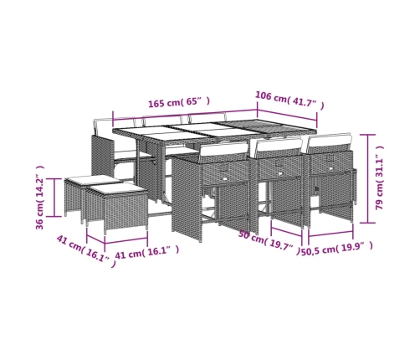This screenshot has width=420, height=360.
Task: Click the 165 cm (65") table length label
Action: pyautogui.click(x=179, y=102)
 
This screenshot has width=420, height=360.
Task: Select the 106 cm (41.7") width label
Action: pyautogui.click(x=289, y=100)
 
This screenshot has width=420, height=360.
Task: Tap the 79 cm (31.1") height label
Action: pyautogui.click(x=380, y=178)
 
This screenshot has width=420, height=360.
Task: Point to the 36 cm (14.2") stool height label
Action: pyautogui.click(x=40, y=198)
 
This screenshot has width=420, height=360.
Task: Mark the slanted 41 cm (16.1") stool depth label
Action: pyautogui.click(x=86, y=250)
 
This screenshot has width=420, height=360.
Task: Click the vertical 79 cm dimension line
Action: pyautogui.click(x=367, y=178)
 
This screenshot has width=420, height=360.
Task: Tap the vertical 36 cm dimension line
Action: pyautogui.click(x=54, y=198)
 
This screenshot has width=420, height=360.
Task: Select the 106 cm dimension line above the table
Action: pyautogui.click(x=287, y=115)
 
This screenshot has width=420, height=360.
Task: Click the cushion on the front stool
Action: pyautogui.click(x=116, y=189)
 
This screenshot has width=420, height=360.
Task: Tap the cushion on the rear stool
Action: pyautogui.click(x=93, y=179)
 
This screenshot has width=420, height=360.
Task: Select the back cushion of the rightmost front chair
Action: pyautogui.click(x=330, y=141)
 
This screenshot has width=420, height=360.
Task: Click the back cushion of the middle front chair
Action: pyautogui.click(x=279, y=146)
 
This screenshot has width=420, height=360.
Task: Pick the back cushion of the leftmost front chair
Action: pyautogui.click(x=223, y=151)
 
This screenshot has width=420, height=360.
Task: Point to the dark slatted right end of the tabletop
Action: pyautogui.click(x=267, y=128)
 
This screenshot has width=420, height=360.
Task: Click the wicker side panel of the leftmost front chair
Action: pyautogui.click(x=186, y=198)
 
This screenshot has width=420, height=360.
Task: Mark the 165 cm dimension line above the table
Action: pyautogui.click(x=185, y=115)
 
